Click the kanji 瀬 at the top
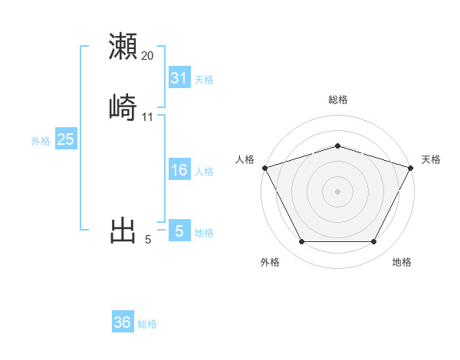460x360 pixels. tap(123, 46)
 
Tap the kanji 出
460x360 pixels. tap(123, 230)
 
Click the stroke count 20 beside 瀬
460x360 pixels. tap(148, 56)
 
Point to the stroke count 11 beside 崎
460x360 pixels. tap(148, 117)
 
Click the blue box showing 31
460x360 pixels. tap(179, 78)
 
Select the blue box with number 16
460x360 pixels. tap(179, 171)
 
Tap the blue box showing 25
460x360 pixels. tap(65, 139)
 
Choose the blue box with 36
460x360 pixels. tap(123, 322)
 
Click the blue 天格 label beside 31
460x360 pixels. tap(204, 80)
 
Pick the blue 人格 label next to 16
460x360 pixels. tap(204, 172)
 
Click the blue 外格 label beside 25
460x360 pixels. tap(41, 141)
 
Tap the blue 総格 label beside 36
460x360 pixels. tap(147, 324)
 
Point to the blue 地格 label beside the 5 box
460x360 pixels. tap(204, 233)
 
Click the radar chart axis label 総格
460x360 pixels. tap(337, 100)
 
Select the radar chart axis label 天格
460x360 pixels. tap(431, 159)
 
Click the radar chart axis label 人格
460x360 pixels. tap(245, 159)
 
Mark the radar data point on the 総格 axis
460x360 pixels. tap(337, 146)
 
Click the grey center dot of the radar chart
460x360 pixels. tap(337, 191)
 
